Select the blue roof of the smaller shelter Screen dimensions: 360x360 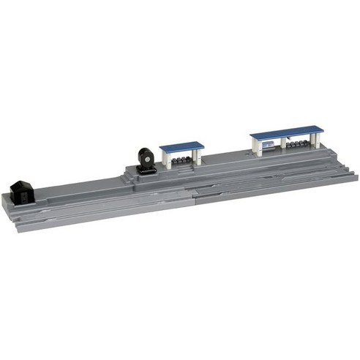(x=181, y=146)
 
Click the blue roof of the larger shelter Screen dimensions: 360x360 (x=286, y=133)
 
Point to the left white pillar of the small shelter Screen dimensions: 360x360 (x=167, y=160)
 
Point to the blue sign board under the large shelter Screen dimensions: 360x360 (x=269, y=146)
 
